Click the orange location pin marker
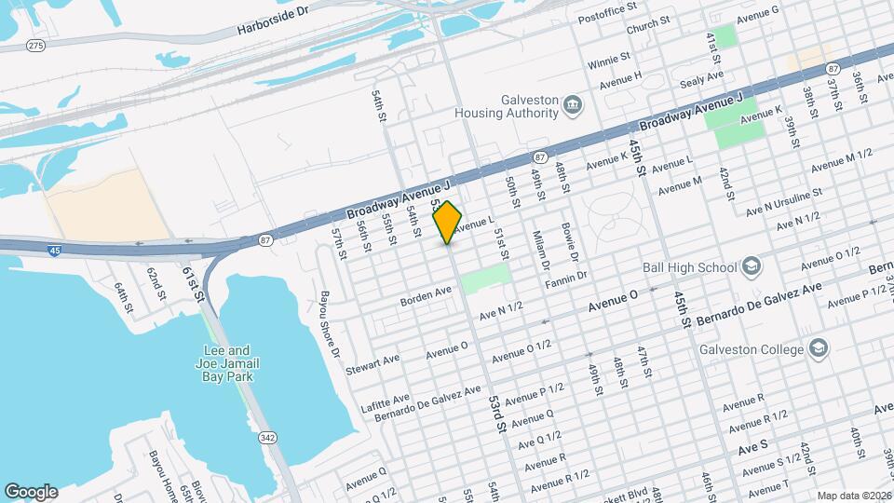[448, 223]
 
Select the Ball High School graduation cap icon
[752, 268]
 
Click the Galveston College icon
[818, 349]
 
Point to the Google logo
[31, 491]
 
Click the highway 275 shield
[36, 45]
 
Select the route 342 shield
[267, 438]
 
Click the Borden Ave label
[426, 297]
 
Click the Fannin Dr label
[568, 277]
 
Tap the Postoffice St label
[606, 7]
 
